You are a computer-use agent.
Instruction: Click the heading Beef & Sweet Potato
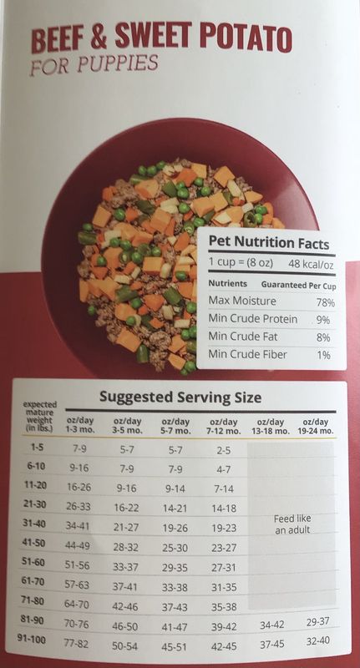click(161, 39)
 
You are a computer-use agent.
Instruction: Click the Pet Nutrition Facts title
click(268, 244)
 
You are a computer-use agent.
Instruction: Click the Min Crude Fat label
click(242, 337)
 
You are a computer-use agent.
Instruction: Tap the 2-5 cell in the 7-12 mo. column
click(223, 449)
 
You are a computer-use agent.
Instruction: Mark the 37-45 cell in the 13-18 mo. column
click(272, 645)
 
